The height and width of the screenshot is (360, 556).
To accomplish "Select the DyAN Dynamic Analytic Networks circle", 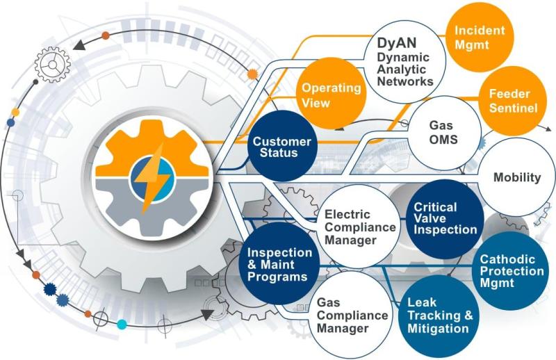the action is click(404, 61).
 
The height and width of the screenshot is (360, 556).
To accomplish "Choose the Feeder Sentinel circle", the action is click(512, 100).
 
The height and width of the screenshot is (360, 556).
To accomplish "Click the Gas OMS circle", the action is click(443, 132).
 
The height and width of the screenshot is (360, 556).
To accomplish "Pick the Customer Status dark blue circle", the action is click(282, 146).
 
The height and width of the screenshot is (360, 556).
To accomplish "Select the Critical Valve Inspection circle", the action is click(445, 219).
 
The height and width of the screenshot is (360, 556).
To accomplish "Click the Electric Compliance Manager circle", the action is click(359, 227).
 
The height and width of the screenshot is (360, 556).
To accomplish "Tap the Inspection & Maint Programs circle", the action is click(279, 264).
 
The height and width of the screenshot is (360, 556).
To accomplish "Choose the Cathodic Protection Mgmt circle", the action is click(512, 271).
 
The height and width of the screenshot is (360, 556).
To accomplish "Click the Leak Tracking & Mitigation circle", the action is click(439, 316).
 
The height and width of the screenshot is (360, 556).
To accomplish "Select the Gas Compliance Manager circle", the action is click(351, 316).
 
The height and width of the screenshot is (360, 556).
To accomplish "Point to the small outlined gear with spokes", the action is click(53, 65).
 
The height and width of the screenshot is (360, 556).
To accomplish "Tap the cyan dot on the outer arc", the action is click(122, 324).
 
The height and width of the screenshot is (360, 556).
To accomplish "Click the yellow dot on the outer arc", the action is click(15, 113).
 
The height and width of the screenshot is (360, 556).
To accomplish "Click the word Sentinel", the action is click(513, 108).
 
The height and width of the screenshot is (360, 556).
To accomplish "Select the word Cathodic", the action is click(507, 259).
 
